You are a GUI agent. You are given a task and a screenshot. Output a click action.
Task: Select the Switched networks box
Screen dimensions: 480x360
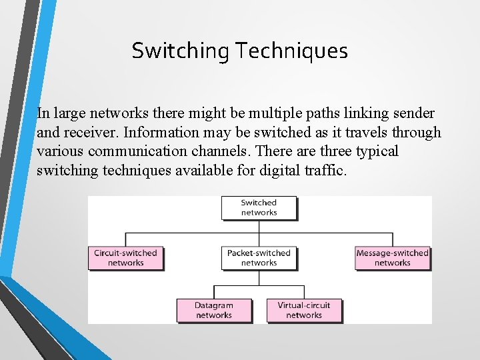click(259, 207)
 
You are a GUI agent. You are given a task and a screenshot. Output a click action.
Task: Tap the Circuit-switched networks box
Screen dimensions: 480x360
click(125, 258)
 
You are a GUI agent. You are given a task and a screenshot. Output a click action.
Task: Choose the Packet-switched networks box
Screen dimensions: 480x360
click(259, 258)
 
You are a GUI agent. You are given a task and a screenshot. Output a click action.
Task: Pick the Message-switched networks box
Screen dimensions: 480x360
click(392, 258)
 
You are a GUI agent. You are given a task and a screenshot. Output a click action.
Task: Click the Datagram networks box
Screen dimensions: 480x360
click(214, 310)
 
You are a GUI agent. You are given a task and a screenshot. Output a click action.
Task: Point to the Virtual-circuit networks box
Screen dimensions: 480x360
click(304, 310)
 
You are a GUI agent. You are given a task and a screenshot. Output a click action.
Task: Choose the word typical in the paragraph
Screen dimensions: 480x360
click(373, 151)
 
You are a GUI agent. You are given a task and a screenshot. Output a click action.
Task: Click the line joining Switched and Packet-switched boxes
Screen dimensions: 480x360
click(259, 233)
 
